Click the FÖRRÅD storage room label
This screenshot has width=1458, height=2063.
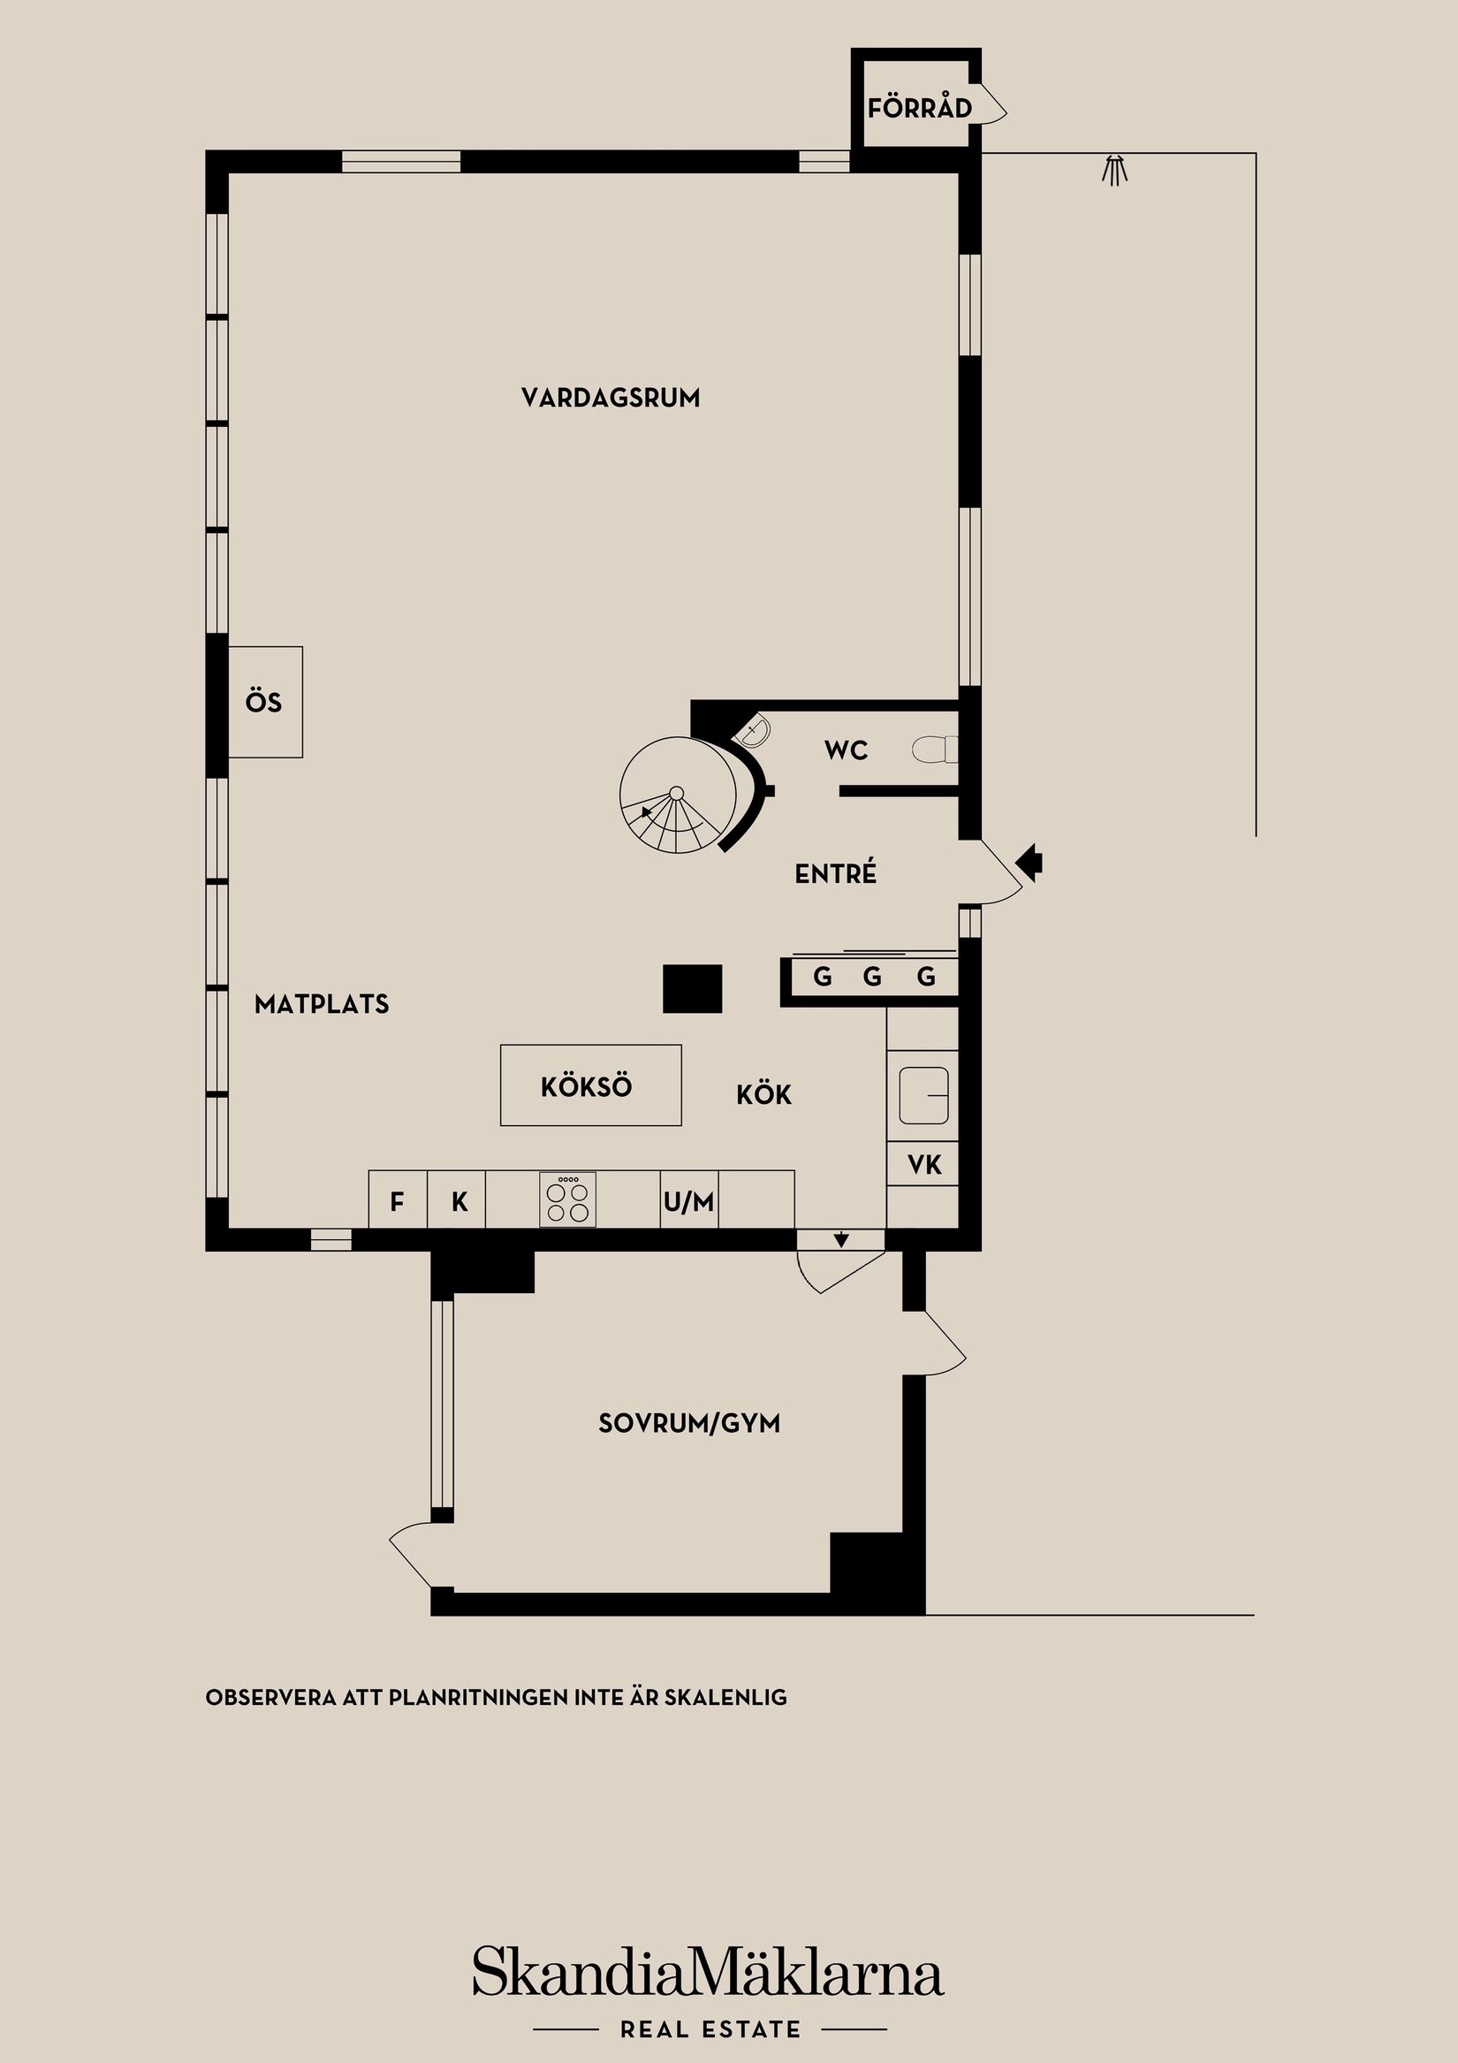click(x=919, y=109)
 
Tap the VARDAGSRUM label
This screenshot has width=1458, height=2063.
click(x=611, y=398)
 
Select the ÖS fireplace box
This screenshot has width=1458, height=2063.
click(x=264, y=702)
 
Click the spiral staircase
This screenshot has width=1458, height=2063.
click(x=676, y=795)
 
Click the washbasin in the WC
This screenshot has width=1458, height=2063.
click(x=755, y=730)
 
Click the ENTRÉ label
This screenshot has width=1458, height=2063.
click(x=835, y=873)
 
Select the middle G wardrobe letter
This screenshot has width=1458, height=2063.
click(x=872, y=977)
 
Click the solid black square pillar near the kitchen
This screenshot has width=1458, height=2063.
click(x=693, y=988)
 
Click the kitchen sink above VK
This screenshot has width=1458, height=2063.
click(x=923, y=1094)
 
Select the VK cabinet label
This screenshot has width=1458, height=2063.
click(x=924, y=1165)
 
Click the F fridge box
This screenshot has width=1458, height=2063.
click(x=397, y=1201)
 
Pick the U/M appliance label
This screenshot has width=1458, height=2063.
click(x=689, y=1201)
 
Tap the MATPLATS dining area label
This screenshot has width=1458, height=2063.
click(x=322, y=1003)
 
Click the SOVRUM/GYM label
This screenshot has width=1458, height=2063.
click(x=689, y=1423)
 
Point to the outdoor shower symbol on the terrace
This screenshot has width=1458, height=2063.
click(x=1114, y=170)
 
